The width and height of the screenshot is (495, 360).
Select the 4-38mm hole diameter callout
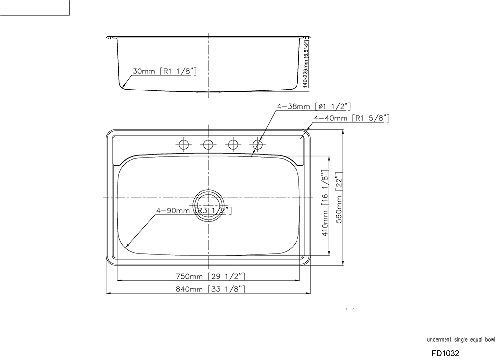[x=314, y=106]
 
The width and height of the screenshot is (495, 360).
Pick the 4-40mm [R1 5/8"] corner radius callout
[x=352, y=118]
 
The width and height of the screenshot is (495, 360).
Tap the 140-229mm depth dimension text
[x=306, y=64]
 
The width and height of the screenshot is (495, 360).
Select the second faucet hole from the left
[x=208, y=144]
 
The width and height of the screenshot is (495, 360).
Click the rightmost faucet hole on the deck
[x=257, y=144]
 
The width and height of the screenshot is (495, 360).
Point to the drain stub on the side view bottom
[x=208, y=92]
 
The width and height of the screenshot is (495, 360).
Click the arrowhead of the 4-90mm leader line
[x=126, y=246]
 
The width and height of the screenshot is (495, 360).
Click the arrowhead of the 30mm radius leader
[x=122, y=87]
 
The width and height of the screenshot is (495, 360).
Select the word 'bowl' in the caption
[x=490, y=340]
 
